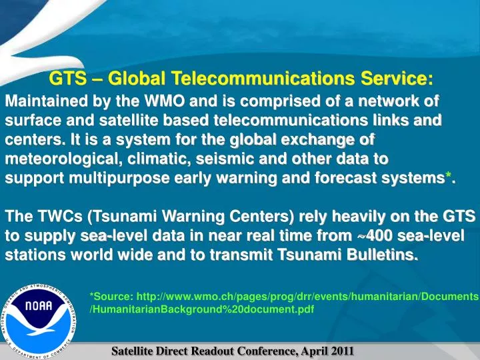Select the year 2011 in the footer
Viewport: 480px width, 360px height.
click(x=341, y=351)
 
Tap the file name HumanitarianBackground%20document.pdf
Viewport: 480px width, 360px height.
click(x=201, y=310)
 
